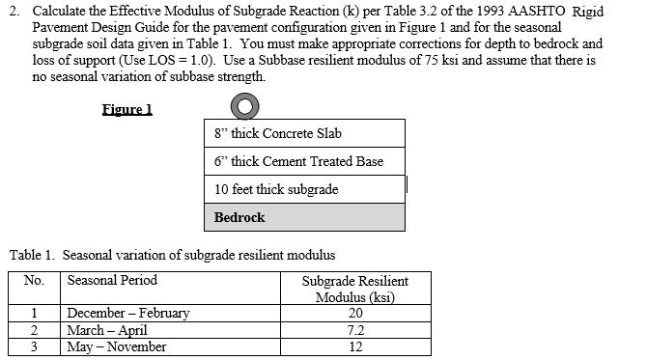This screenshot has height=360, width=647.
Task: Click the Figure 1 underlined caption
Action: [127, 109]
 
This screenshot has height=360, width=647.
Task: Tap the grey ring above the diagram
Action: [248, 107]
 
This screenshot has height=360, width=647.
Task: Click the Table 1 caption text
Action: [172, 256]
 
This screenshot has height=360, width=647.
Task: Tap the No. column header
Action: [35, 281]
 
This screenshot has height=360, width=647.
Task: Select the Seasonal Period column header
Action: [112, 281]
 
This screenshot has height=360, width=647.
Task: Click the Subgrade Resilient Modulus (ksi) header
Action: [354, 289]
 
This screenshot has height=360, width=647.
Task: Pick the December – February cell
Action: [128, 313]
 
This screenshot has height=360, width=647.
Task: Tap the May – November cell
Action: [116, 346]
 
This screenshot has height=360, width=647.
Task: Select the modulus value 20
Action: [354, 313]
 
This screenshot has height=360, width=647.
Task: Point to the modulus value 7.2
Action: [354, 330]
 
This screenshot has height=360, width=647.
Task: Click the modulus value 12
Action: [354, 346]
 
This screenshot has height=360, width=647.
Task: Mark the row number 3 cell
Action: [35, 346]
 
